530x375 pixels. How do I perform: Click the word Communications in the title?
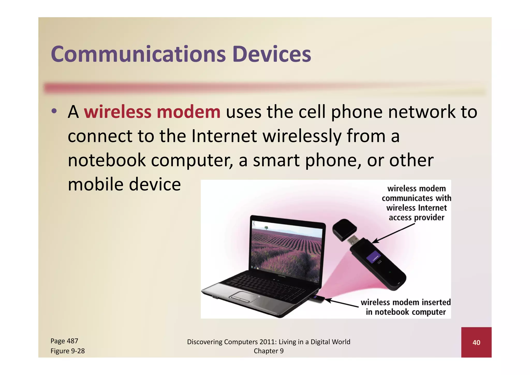(x=138, y=54)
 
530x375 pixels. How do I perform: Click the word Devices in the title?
(x=271, y=54)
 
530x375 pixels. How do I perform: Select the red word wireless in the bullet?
(x=117, y=112)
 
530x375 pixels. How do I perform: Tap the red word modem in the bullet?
(x=188, y=112)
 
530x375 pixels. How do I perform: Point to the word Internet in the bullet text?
(x=224, y=136)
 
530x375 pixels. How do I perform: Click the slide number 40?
(x=476, y=342)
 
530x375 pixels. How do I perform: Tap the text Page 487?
(x=64, y=341)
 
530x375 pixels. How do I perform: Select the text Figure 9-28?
(x=68, y=351)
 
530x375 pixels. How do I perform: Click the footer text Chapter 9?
(x=268, y=351)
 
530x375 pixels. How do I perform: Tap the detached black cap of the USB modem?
(x=344, y=229)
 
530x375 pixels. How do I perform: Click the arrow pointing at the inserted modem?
(x=342, y=303)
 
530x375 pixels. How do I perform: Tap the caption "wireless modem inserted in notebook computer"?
(x=406, y=307)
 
